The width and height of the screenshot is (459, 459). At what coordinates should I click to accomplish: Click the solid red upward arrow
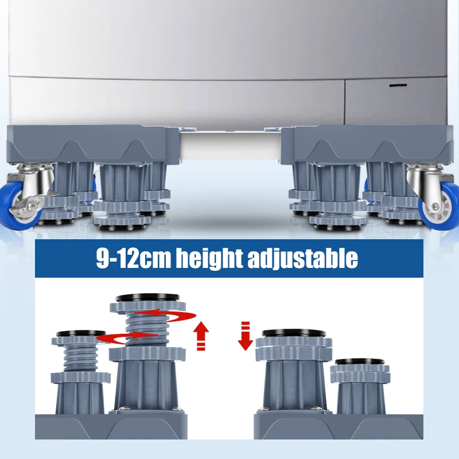(x=200, y=336)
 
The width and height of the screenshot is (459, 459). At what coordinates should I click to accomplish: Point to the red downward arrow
(x=246, y=336)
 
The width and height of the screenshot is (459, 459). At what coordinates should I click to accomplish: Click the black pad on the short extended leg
(x=80, y=333)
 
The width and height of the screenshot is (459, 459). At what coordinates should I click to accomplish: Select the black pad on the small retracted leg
(x=360, y=362)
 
